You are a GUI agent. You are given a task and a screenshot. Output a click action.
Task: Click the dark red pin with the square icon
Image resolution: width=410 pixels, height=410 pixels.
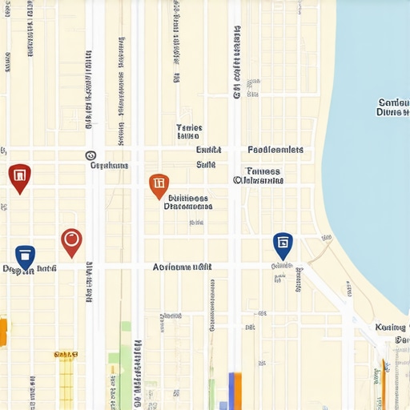pos(19,176)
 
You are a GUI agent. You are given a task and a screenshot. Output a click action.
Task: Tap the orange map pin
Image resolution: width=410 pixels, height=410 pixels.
pos(159,185)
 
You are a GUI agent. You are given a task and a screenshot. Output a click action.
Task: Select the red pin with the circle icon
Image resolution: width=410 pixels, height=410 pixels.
pos(71,240)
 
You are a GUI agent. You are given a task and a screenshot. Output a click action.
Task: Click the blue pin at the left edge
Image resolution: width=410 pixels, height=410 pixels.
pos(25,255)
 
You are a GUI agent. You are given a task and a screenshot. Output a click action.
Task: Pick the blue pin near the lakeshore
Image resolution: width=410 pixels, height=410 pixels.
pos(283,243)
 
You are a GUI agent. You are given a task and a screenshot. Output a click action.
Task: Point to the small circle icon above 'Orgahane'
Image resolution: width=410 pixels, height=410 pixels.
pos(90,156)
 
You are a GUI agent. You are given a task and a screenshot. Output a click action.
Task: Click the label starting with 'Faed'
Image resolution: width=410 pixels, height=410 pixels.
pos(275,150)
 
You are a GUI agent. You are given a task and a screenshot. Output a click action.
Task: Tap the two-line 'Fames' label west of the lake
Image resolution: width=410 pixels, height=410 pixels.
pos(259,175)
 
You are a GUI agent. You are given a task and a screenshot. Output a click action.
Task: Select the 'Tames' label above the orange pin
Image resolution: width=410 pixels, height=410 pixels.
pos(189,131)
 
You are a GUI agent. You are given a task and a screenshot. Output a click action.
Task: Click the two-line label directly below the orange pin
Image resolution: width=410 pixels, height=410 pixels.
pos(187,202)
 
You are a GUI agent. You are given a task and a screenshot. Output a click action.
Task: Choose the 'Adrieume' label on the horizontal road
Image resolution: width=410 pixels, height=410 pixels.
pos(182,267)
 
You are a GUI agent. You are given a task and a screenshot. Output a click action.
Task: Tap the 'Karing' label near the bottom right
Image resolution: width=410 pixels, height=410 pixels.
pos(390,328)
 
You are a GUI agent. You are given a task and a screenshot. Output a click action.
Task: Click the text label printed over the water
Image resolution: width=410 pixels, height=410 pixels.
pos(392,107)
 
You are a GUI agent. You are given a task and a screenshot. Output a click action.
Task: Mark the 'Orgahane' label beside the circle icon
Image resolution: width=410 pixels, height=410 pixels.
pos(109,166)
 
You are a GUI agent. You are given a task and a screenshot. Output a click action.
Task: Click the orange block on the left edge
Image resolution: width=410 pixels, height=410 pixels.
pos(2,332)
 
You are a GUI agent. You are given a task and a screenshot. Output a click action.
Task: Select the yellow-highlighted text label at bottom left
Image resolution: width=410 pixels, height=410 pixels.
pos(65,354)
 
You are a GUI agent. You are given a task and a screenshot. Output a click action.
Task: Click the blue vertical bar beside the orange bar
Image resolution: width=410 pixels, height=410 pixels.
pos(239,391)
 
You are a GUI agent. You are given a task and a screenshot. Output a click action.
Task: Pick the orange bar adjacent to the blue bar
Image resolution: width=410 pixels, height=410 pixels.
pos(231,391)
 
